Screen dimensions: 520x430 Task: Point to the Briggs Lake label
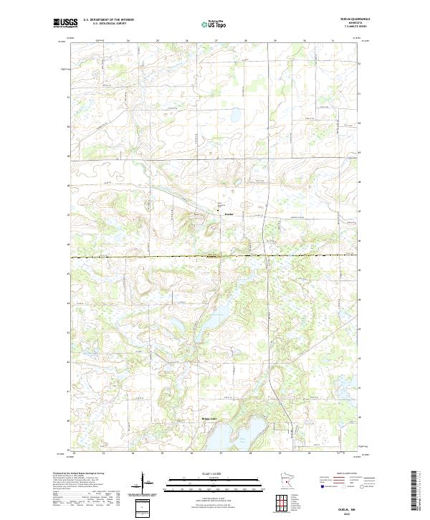click(207, 420)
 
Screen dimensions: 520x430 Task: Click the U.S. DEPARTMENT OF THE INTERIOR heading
click(108, 20)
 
